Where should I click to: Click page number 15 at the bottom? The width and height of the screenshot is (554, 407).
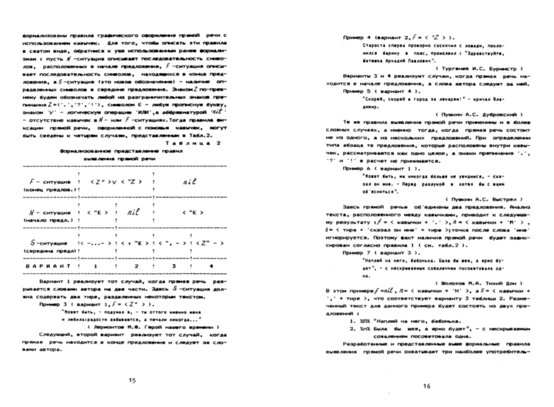tap(132, 380)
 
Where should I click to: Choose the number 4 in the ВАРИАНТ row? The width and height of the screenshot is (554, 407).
tap(211, 266)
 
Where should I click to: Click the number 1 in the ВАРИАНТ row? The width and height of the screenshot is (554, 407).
tap(95, 266)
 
